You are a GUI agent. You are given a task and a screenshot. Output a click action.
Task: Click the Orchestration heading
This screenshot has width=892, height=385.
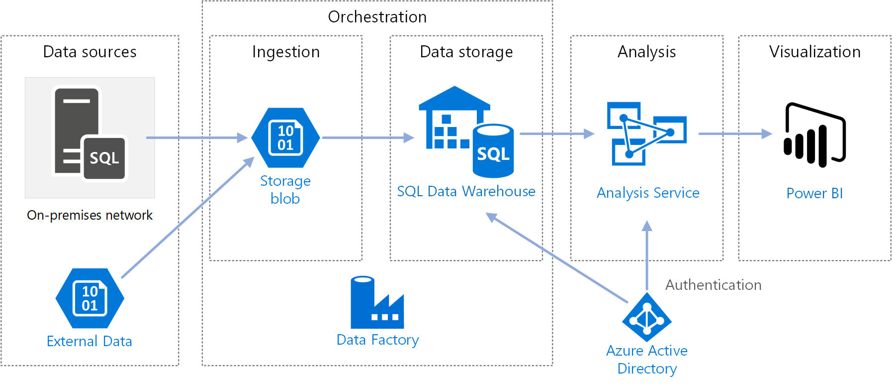tap(377, 17)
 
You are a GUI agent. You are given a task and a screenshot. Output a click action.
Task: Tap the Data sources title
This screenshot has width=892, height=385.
tap(89, 52)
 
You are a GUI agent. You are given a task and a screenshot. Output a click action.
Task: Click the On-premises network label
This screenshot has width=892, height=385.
tap(89, 215)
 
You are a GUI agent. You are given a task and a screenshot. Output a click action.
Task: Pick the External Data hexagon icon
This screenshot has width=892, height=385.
tap(89, 298)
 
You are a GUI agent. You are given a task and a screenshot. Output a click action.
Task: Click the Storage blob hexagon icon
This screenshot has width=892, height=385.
tap(285, 138)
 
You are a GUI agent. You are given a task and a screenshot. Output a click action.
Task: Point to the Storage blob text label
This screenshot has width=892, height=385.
tap(285, 190)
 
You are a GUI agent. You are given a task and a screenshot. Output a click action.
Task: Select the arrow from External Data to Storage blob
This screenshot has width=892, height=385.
tap(188, 218)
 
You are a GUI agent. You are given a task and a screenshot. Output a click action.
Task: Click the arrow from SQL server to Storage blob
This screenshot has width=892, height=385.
tap(196, 137)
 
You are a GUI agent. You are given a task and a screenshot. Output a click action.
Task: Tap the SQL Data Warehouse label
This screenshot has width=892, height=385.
tap(466, 191)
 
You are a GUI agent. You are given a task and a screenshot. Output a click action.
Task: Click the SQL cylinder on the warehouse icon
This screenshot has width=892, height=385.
tap(493, 151)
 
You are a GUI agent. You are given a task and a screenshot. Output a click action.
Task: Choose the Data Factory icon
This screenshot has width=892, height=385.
tap(377, 302)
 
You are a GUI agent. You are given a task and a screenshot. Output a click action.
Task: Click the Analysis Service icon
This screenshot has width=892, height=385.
tap(646, 133)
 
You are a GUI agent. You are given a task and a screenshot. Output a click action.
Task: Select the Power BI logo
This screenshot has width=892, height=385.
tap(814, 134)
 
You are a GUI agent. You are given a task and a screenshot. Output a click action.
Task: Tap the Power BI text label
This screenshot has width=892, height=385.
tap(814, 193)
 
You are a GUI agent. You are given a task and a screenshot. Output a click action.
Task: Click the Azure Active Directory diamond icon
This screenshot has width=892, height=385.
tap(646, 318)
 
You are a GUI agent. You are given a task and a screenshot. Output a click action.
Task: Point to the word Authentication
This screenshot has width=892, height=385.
tap(713, 285)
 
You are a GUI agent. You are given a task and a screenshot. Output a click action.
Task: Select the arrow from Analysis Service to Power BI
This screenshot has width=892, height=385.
tap(735, 133)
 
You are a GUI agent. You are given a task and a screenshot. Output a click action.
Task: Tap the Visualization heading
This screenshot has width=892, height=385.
tap(814, 52)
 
